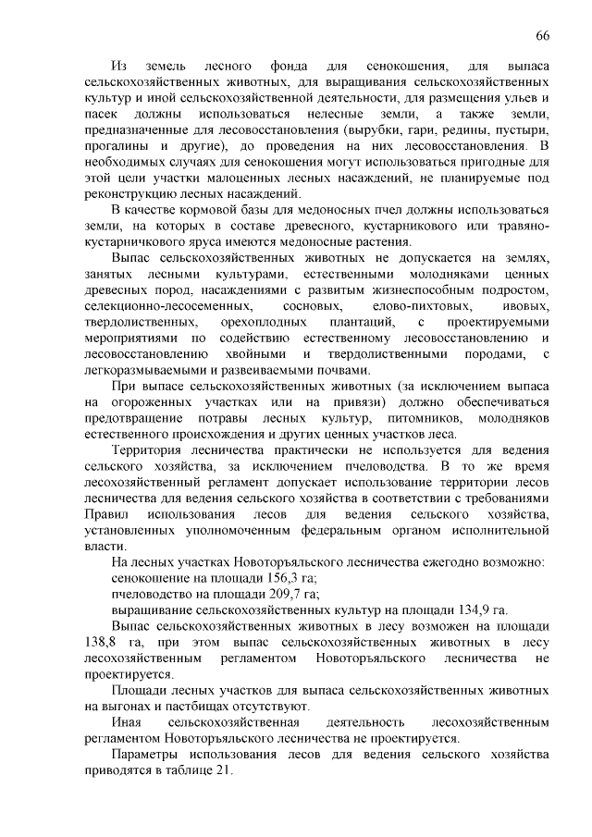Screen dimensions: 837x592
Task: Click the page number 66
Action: [x=543, y=35]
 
